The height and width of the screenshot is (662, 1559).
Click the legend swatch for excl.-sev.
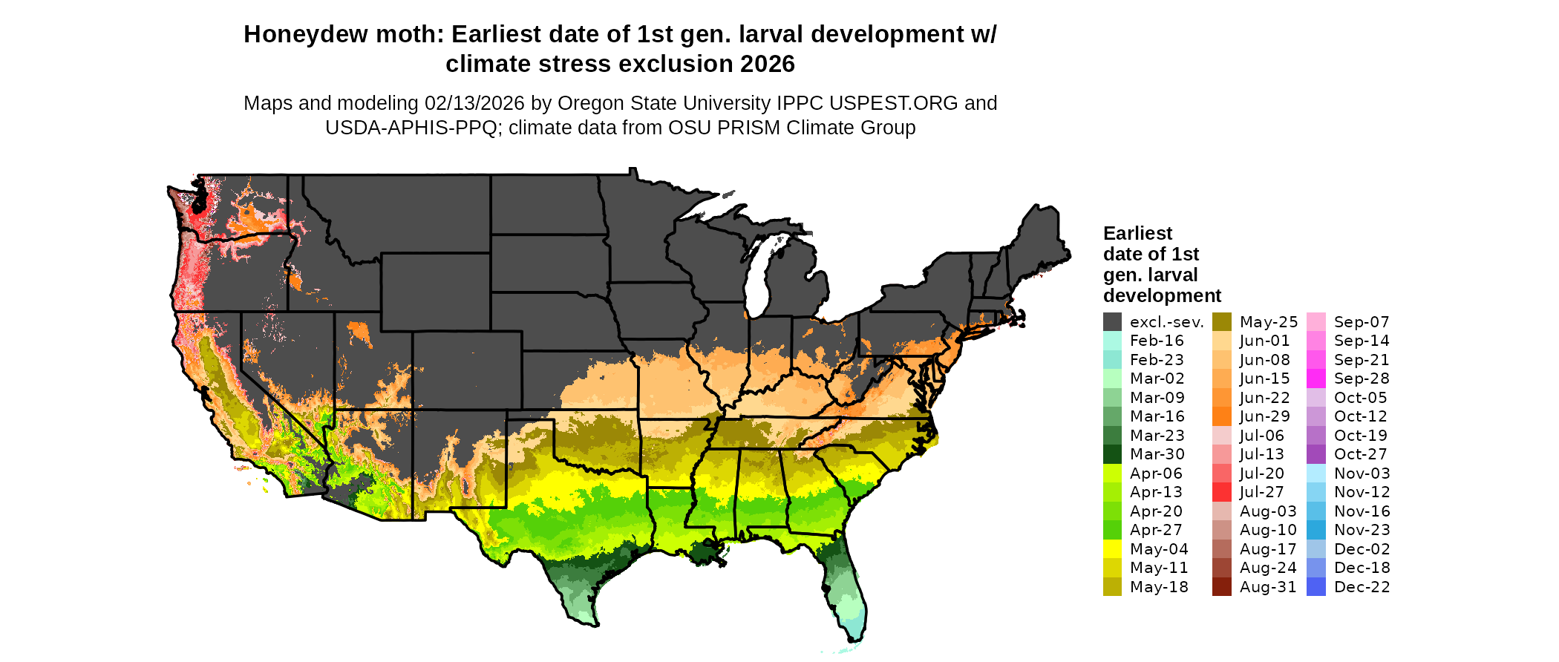[1112, 322]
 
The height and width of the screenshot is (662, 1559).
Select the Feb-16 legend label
[1157, 341]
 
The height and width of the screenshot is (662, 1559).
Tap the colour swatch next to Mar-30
[1112, 454]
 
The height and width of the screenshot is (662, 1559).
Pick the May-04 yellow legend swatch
[1112, 549]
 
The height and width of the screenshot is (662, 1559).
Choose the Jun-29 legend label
[1264, 416]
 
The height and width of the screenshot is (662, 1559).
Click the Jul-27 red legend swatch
[1221, 492]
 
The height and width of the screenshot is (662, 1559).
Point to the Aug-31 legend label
[1267, 587]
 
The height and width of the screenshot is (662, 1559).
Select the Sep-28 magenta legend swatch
[1315, 378]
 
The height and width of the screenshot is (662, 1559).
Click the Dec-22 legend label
[1362, 587]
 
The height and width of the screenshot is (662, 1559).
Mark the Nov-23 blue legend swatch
[1315, 530]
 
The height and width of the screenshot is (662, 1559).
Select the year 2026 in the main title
[766, 65]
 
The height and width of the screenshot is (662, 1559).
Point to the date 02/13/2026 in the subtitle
[474, 103]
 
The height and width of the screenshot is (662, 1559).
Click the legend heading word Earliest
[1137, 234]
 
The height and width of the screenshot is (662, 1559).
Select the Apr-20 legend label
[1156, 511]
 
